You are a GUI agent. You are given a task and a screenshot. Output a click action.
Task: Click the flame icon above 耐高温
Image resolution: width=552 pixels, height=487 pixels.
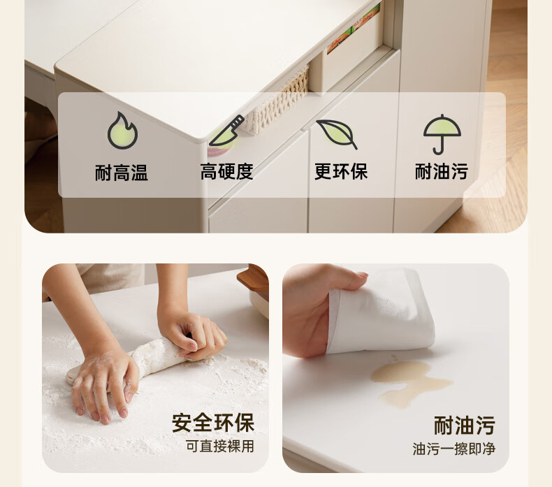(122, 131)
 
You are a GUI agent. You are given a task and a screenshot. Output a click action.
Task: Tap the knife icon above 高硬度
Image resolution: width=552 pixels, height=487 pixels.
(226, 131)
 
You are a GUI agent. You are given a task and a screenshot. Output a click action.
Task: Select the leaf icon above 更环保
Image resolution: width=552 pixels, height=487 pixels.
(337, 134)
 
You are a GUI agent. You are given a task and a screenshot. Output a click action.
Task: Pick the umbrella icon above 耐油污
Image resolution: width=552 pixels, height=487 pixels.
(442, 134)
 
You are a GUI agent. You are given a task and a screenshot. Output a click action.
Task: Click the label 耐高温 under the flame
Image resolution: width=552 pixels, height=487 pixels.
(122, 173)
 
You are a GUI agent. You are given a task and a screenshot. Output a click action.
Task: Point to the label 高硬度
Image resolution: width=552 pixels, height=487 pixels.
(226, 172)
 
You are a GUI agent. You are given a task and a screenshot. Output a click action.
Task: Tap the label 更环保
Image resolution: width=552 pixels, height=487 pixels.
(341, 171)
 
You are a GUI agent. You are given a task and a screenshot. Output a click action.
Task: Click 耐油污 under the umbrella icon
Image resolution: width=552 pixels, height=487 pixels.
(442, 171)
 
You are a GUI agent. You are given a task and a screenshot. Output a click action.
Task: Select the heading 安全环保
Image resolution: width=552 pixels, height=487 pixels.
(213, 423)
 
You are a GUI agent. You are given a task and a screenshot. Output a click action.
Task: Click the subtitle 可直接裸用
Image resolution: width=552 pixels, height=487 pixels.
(219, 446)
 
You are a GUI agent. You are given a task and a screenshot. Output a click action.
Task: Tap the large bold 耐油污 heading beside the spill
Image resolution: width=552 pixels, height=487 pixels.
(465, 426)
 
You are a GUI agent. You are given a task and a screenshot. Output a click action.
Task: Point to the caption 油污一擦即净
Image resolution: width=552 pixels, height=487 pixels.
(454, 449)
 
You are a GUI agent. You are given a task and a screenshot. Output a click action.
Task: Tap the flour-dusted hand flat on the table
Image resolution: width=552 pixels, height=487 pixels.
(105, 382)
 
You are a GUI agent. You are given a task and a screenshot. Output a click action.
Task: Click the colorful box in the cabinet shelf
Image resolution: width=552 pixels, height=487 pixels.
(353, 29)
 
